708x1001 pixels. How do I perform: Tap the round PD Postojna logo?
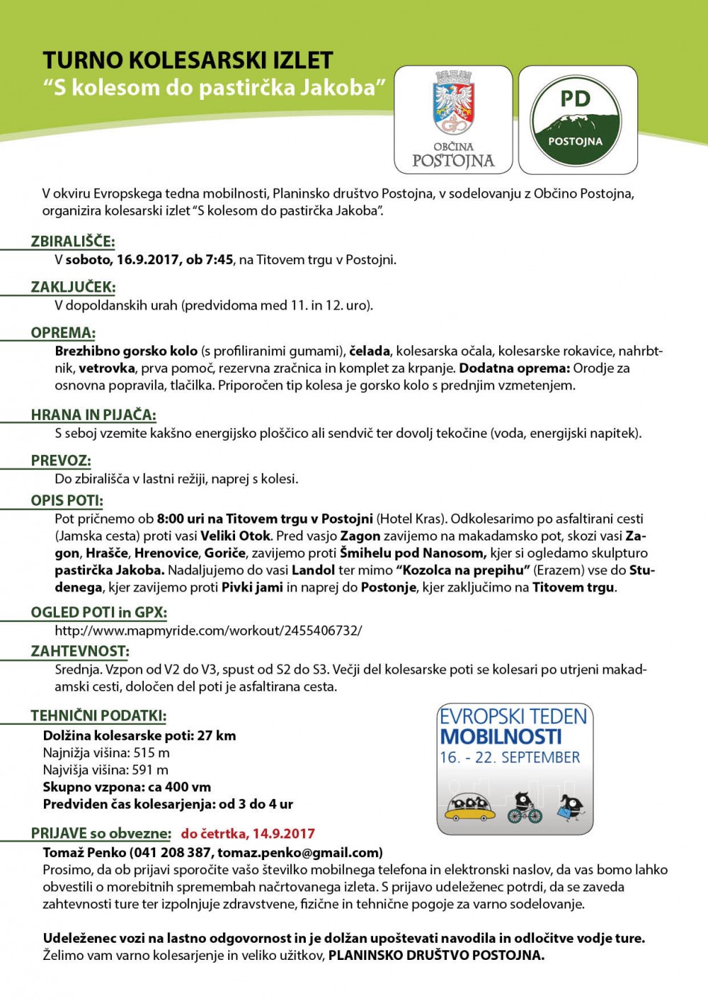576,120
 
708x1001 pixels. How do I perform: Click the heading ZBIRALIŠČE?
72,242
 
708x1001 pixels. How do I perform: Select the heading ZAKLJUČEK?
73,287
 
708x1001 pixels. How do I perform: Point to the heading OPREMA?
63,333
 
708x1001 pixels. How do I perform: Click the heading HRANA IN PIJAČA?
93,415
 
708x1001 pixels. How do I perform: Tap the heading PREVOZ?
61,460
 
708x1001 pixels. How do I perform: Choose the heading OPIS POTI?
67,500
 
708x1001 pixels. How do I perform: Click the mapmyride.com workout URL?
208,630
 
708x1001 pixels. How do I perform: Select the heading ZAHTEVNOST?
80,651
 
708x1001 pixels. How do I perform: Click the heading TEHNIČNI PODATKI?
98,716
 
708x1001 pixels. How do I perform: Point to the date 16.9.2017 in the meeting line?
148,260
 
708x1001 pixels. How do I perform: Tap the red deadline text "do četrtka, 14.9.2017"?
248,834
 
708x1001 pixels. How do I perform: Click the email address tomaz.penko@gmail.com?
299,852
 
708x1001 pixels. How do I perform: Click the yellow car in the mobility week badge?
469,807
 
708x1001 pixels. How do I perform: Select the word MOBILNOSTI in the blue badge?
501,737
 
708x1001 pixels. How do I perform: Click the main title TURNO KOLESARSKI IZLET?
188,60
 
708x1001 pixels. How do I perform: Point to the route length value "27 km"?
217,735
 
